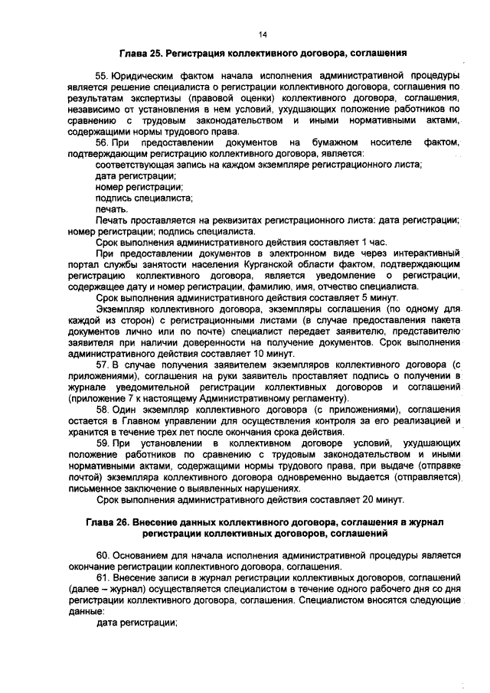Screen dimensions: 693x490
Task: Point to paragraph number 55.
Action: click(x=102, y=77)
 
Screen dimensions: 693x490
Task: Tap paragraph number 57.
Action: click(x=102, y=366)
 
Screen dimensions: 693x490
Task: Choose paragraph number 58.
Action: click(x=102, y=410)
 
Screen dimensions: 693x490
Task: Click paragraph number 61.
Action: click(x=102, y=575)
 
